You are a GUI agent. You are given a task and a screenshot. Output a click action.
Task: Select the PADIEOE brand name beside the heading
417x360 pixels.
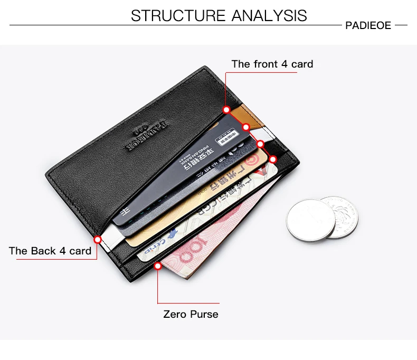tap(368, 25)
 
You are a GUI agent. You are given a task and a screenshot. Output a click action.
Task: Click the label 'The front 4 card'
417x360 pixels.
tap(272, 64)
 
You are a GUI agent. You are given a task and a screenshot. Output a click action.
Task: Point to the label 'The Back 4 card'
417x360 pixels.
tap(50, 251)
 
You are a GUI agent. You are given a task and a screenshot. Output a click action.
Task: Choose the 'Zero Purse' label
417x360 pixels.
tap(191, 314)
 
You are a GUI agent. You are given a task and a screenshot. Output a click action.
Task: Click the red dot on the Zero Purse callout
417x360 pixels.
tap(157, 267)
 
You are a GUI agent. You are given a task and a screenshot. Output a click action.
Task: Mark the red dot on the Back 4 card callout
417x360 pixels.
tap(97, 239)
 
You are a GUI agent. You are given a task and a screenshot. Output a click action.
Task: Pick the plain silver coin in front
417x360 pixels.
tap(310, 221)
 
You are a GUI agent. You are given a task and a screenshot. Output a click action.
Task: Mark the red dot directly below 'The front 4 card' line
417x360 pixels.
tap(226, 110)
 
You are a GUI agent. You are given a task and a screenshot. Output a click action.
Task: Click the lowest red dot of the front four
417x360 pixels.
tap(273, 158)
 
